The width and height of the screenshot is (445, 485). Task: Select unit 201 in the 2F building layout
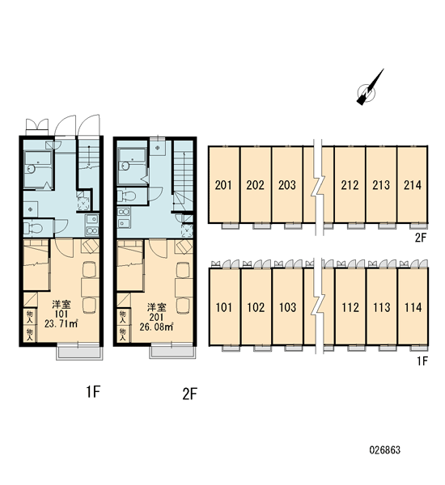click(x=224, y=184)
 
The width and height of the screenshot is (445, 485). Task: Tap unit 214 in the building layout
click(x=413, y=184)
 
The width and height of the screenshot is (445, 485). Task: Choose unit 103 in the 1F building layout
click(x=287, y=307)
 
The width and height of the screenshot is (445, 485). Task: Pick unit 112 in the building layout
click(x=350, y=307)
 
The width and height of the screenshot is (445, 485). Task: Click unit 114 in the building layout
click(x=413, y=307)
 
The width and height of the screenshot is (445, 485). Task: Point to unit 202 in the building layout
click(x=256, y=184)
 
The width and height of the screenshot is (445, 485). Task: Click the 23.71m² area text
click(x=61, y=324)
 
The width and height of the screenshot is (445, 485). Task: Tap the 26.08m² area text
click(x=156, y=327)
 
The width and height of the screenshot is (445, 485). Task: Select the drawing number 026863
click(x=385, y=449)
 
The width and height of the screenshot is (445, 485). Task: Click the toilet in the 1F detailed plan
click(x=34, y=229)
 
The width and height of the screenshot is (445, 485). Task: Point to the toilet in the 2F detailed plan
click(x=127, y=196)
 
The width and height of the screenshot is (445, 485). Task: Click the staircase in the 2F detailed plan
click(x=183, y=176)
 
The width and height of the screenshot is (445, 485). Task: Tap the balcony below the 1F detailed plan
click(x=78, y=352)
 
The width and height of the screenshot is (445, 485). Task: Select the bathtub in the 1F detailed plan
click(x=38, y=169)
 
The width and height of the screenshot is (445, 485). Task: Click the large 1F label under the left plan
click(x=93, y=392)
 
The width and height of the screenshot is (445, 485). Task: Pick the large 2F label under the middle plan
click(x=189, y=394)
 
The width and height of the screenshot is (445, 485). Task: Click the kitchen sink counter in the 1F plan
click(x=92, y=225)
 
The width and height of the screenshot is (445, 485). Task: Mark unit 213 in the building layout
click(x=381, y=184)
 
